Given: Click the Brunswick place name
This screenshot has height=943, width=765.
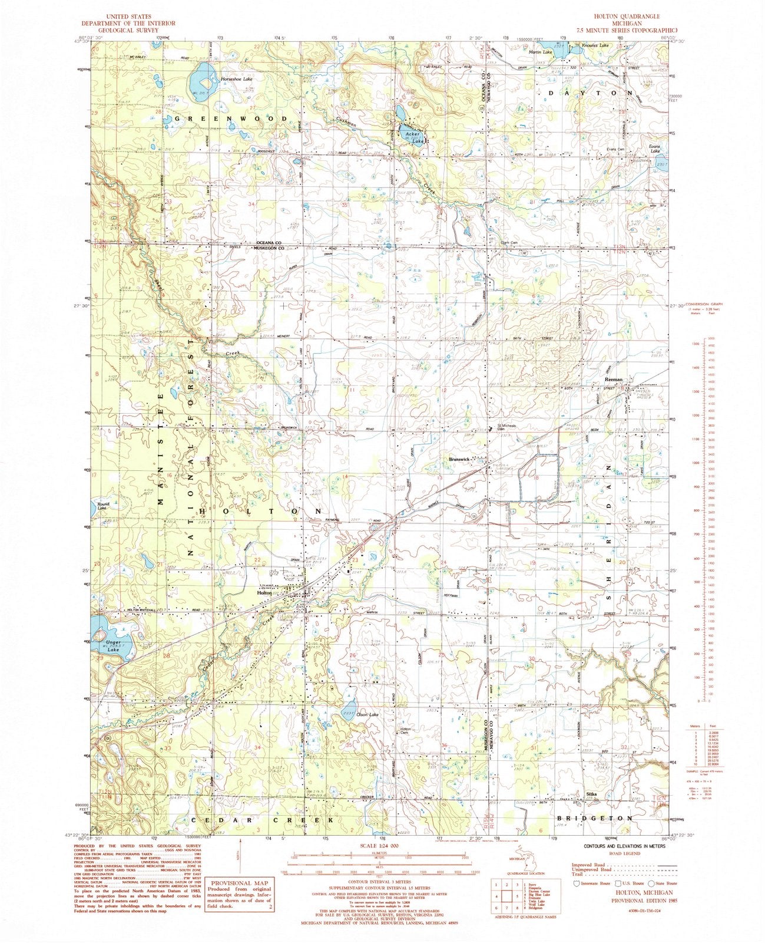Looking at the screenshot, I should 461,459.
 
